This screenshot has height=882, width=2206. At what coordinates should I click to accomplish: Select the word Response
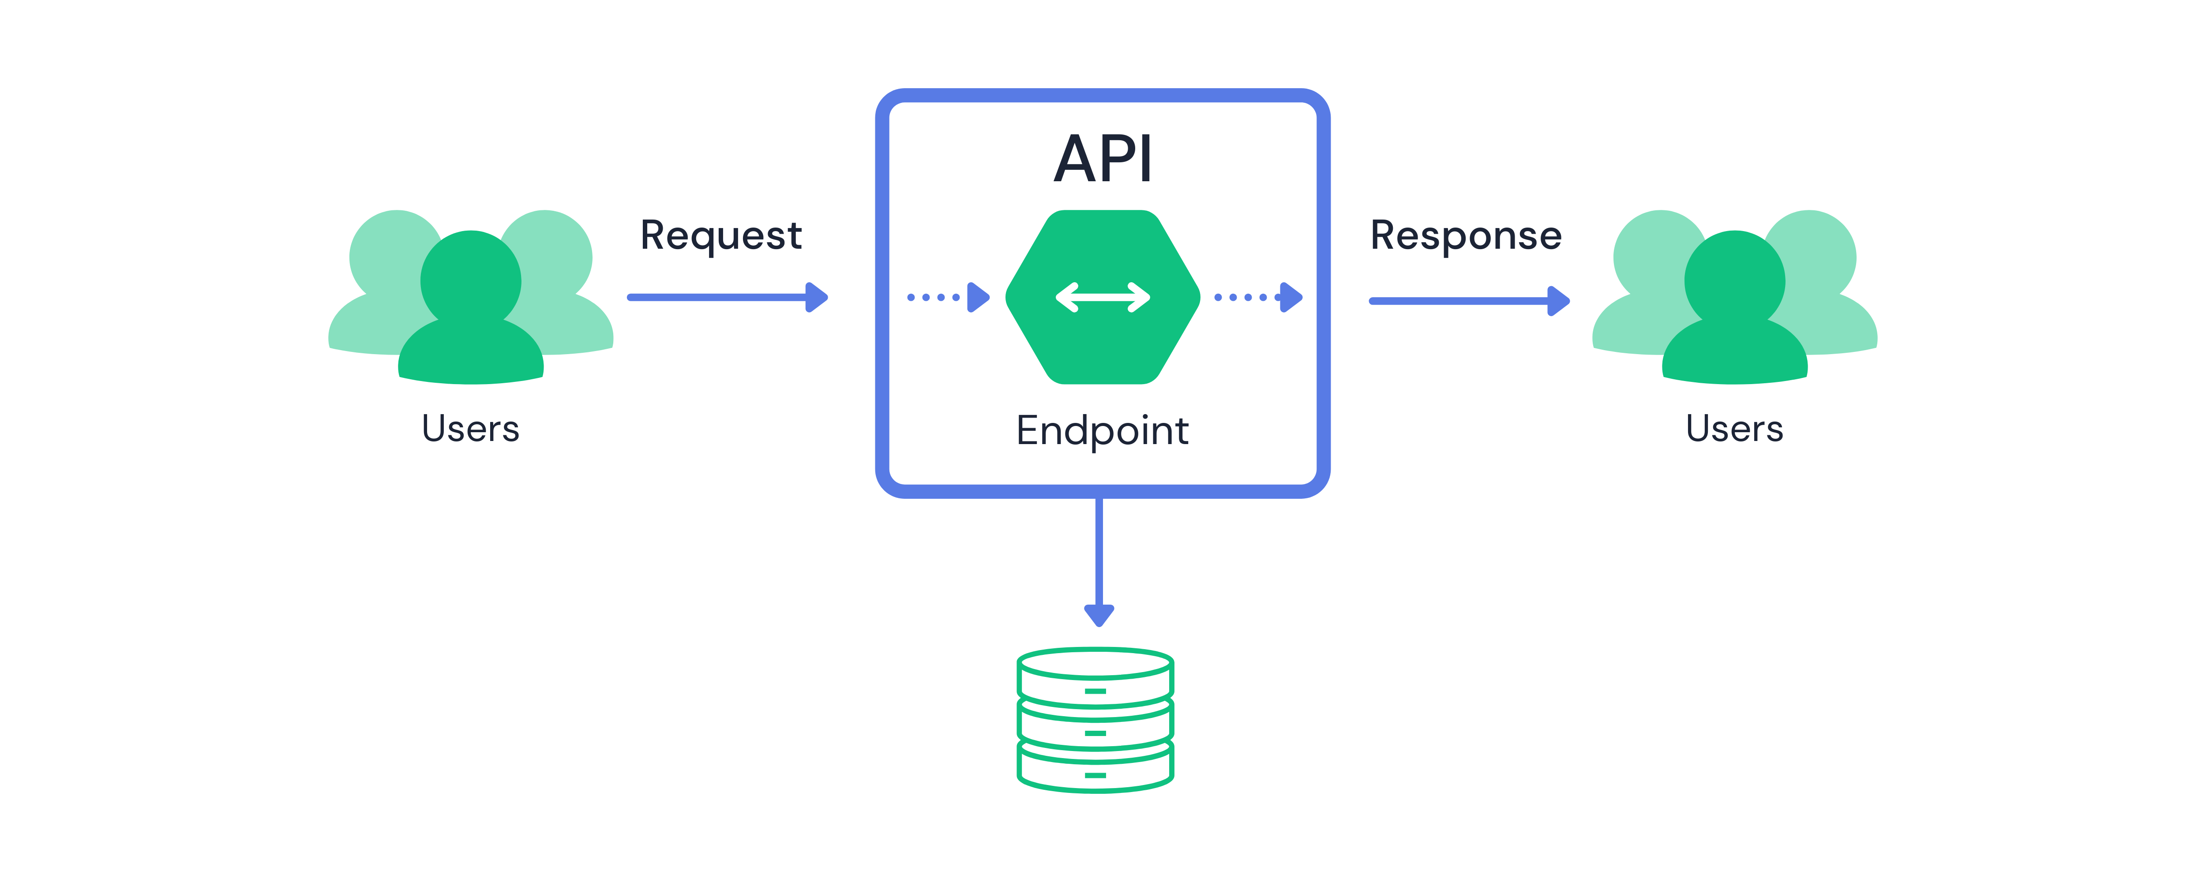point(1465,235)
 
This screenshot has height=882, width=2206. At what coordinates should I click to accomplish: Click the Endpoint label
point(1102,430)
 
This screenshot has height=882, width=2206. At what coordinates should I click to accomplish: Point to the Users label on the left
point(470,428)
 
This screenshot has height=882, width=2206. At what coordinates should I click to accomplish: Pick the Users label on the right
point(1734,428)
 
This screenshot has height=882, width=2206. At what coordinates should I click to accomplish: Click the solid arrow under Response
point(1469,301)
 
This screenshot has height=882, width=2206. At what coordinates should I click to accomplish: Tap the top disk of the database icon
point(1095,676)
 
